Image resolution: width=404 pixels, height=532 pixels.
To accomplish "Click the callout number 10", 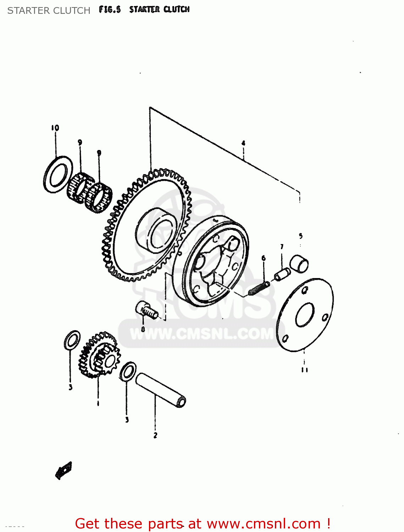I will (x=55, y=128).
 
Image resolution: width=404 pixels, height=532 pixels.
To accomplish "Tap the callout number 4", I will (x=243, y=143).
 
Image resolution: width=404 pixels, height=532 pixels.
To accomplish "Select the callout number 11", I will (x=304, y=370).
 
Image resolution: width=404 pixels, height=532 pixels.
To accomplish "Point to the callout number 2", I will (x=155, y=436).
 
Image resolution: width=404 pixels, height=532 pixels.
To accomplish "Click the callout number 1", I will (x=98, y=404).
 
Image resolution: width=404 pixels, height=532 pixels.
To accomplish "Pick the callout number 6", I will (x=264, y=258).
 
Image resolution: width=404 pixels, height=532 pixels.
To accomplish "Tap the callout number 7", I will (x=282, y=247).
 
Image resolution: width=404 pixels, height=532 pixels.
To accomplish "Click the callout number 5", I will (x=300, y=236).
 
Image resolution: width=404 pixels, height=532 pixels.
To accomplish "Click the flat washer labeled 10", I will (x=58, y=174).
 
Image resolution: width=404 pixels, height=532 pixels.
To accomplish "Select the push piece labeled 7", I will (x=283, y=274).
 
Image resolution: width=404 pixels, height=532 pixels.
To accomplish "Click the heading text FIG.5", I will (x=110, y=10).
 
